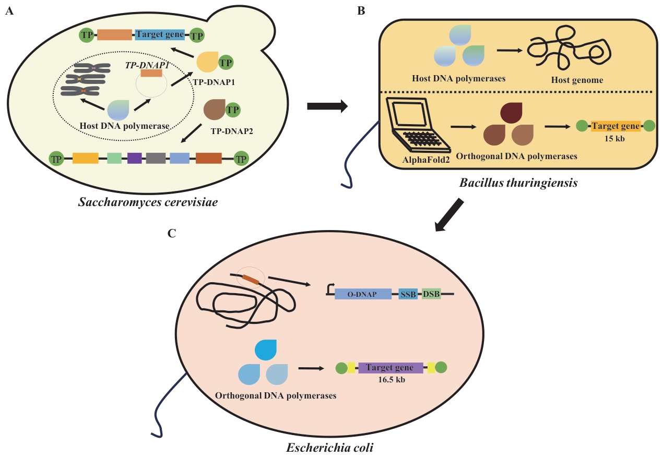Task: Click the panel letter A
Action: pos(8,11)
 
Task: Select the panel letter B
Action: pos(360,11)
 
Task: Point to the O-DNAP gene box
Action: pos(363,294)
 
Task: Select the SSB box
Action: pos(408,294)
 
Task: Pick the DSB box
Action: pos(431,294)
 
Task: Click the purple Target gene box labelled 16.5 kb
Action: pos(391,368)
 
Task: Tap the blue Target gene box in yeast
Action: pos(160,35)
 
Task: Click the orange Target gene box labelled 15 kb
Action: pos(616,126)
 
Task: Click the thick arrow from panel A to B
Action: pos(327,106)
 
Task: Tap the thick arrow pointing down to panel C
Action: pos(450,214)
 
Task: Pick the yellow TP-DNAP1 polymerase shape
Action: pos(208,63)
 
